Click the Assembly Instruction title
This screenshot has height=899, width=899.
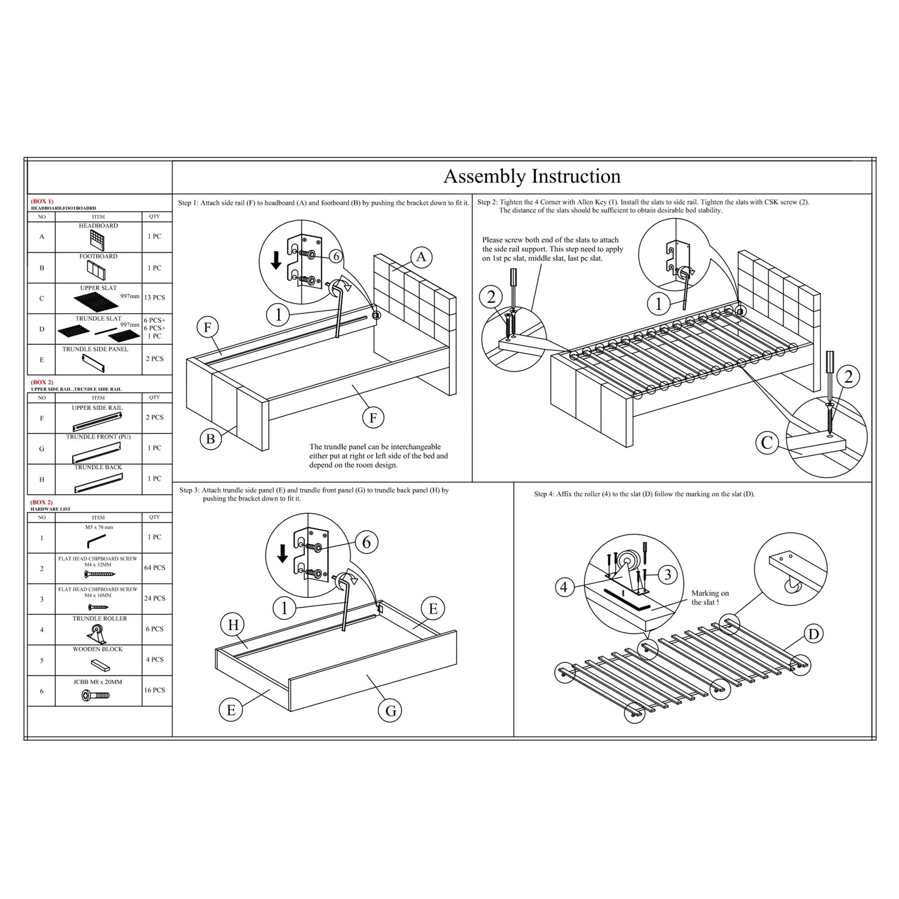coord(531,176)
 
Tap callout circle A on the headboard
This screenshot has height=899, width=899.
coord(421,257)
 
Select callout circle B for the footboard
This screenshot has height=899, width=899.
coord(210,439)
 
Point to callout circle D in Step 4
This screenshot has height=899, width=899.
coord(814,634)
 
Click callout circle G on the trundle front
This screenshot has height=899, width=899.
coord(391,711)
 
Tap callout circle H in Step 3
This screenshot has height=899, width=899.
coord(233,625)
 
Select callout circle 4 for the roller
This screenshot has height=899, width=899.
coord(564,587)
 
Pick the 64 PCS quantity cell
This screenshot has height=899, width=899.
coord(155,568)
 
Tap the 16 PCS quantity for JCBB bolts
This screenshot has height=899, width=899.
coord(155,690)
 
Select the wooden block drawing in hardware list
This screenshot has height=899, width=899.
coord(100,664)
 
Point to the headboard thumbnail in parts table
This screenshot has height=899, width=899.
coord(97,240)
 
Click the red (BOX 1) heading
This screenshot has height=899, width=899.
coord(42,201)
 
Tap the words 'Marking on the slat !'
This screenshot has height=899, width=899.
coord(710,598)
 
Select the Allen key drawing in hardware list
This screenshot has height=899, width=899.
coord(96,541)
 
